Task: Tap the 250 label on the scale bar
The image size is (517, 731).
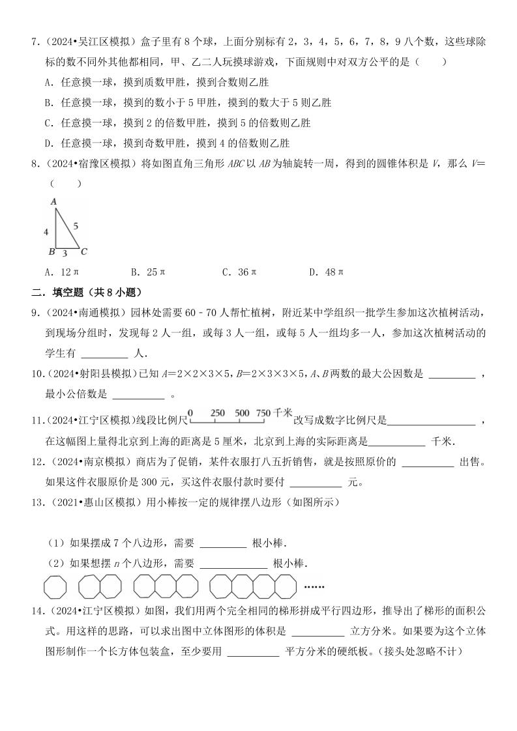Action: click(218, 413)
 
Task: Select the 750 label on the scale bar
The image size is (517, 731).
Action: click(263, 413)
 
